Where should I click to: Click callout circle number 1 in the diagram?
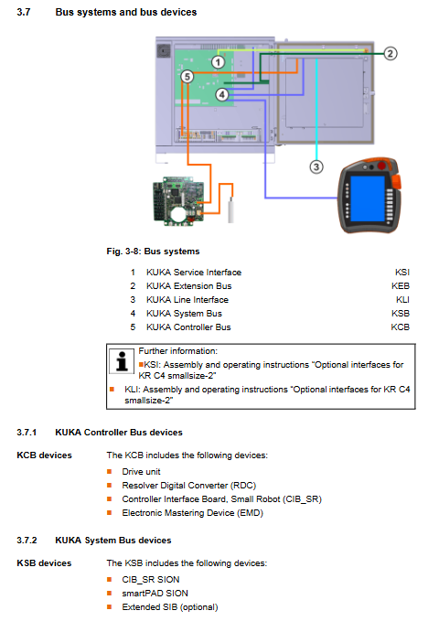pyautogui.click(x=218, y=62)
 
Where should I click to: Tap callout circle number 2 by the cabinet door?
pyautogui.click(x=390, y=53)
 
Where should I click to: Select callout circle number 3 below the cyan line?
pyautogui.click(x=316, y=166)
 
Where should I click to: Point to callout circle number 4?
pyautogui.click(x=221, y=95)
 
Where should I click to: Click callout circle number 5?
pyautogui.click(x=187, y=76)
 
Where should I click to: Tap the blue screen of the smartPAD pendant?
pyautogui.click(x=368, y=198)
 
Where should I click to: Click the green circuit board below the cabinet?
pyautogui.click(x=178, y=200)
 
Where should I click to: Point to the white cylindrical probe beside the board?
pyautogui.click(x=231, y=209)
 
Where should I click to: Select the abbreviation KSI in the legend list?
pyautogui.click(x=402, y=273)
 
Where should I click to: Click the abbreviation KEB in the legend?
pyautogui.click(x=401, y=286)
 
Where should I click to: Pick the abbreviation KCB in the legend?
pyautogui.click(x=401, y=327)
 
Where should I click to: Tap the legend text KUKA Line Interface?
pyautogui.click(x=187, y=300)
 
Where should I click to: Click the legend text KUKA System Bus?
pyautogui.click(x=184, y=314)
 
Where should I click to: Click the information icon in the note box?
pyautogui.click(x=122, y=360)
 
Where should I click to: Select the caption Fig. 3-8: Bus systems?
pyautogui.click(x=153, y=252)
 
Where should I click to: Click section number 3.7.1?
pyautogui.click(x=27, y=433)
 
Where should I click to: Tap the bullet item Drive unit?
pyautogui.click(x=141, y=472)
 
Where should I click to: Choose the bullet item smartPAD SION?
pyautogui.click(x=155, y=594)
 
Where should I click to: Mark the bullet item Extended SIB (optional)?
pyautogui.click(x=170, y=607)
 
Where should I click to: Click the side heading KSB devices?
pyautogui.click(x=44, y=563)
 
